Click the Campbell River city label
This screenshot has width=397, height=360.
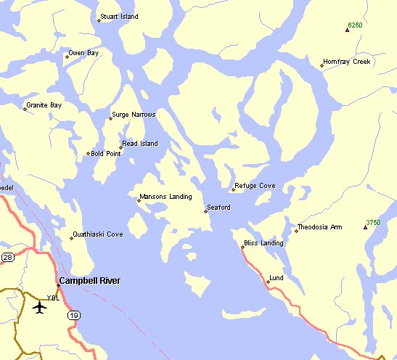tap(89, 281)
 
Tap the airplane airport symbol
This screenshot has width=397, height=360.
tap(39, 307)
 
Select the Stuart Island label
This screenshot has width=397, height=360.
tap(120, 16)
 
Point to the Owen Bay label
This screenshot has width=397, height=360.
tap(83, 53)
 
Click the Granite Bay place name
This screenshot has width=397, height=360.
tap(44, 105)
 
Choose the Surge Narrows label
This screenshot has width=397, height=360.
tap(134, 114)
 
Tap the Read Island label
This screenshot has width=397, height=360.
tap(140, 144)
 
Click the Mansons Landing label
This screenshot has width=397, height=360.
tap(165, 197)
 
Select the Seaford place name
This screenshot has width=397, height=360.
tap(218, 208)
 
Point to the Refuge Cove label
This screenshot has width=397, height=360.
tap(254, 186)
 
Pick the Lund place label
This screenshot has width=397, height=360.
tap(276, 278)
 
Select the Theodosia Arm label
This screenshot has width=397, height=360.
tap(321, 227)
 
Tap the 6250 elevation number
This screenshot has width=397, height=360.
tap(355, 25)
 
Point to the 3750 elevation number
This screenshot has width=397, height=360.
tap(373, 222)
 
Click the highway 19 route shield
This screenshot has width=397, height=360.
tap(74, 315)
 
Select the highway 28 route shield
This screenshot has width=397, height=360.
tap(7, 257)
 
